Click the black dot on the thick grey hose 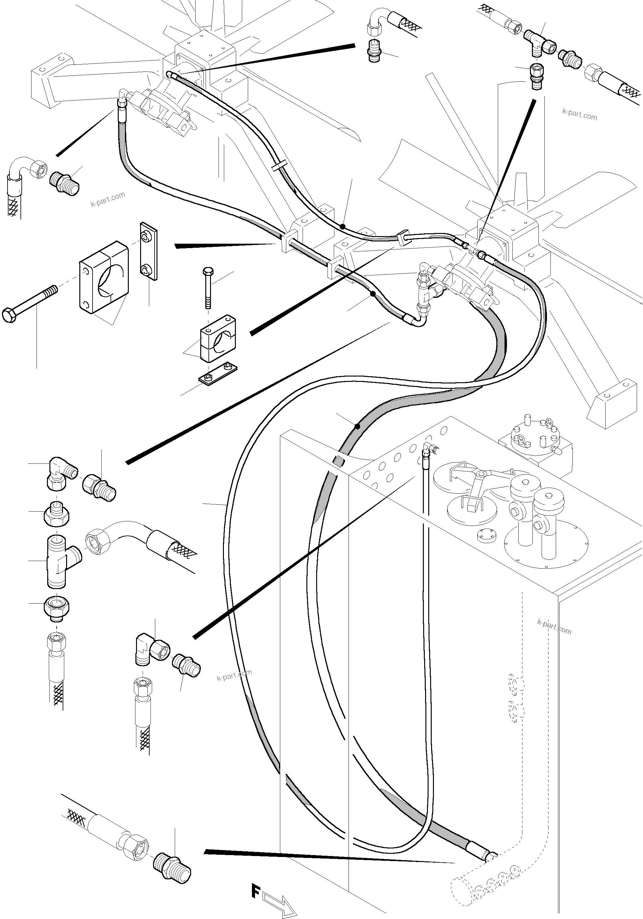pyautogui.click(x=357, y=427)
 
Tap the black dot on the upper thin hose pyautogui.click(x=342, y=227)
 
